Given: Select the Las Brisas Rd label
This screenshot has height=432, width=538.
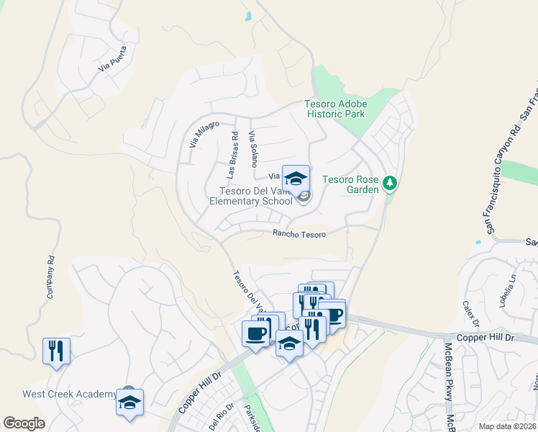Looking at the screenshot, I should pyautogui.click(x=232, y=155).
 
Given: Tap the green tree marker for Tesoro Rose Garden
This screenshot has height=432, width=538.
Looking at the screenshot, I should pyautogui.click(x=391, y=184).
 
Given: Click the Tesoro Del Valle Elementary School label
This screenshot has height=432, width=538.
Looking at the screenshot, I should pyautogui.click(x=252, y=196).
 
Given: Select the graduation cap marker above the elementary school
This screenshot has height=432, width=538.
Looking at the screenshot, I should pyautogui.click(x=296, y=179).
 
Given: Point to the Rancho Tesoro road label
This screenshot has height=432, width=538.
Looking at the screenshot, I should pyautogui.click(x=299, y=234).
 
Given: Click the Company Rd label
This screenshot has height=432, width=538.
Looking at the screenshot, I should pyautogui.click(x=50, y=278).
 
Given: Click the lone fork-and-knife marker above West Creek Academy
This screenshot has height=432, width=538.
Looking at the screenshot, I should pyautogui.click(x=56, y=351).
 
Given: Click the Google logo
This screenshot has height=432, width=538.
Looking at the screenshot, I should pyautogui.click(x=24, y=423).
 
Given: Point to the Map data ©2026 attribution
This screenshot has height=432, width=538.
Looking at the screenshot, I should pyautogui.click(x=507, y=426).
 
